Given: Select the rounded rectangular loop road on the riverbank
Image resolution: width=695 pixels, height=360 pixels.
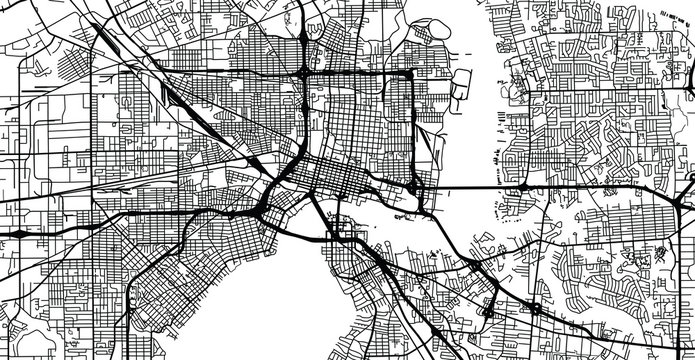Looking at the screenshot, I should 466,85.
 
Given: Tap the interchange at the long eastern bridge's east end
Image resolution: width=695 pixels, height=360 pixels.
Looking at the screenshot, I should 522,187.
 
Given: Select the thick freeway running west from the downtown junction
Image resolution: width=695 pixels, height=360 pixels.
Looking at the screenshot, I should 150,215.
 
